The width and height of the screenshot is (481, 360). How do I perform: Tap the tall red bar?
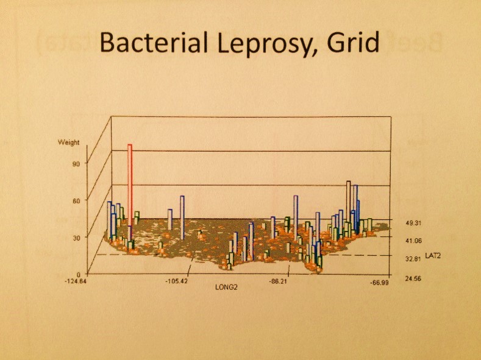(x=130, y=183)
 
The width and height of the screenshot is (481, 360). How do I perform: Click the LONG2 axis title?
(x=226, y=286)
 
